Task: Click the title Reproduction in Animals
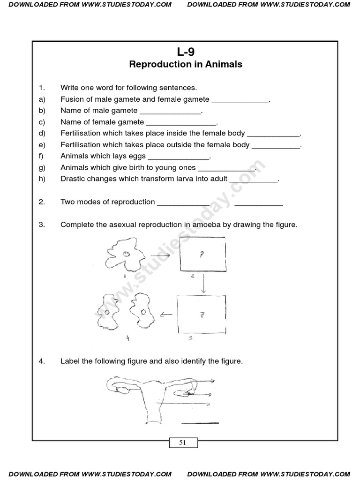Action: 186,65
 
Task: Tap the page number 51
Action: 183,442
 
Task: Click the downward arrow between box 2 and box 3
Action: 203,283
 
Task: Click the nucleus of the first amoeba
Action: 127,254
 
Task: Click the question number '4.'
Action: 42,361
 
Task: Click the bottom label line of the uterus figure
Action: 200,423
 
